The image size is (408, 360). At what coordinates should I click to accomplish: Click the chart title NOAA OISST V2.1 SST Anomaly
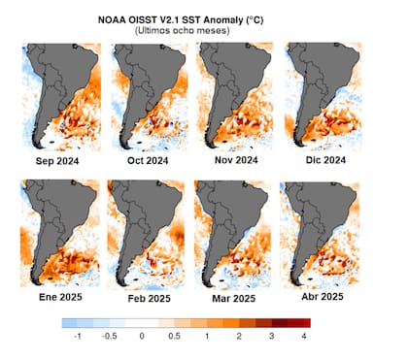tap(203, 18)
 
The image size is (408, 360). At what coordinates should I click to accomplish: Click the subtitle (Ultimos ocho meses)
tap(203, 31)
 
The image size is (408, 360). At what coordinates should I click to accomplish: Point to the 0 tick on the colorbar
tap(142, 335)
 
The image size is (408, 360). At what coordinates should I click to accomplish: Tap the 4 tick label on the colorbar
tap(305, 335)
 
